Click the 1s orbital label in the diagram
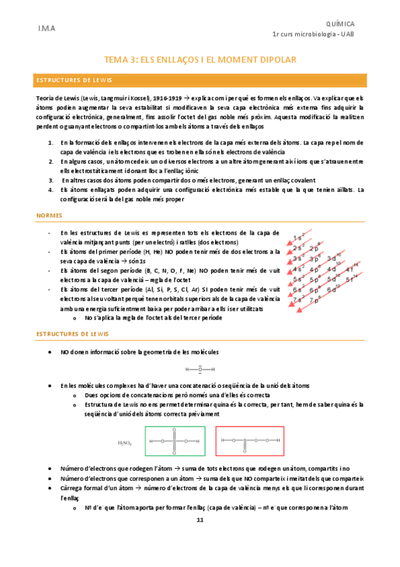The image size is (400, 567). [298, 238]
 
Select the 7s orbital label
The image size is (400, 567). [298, 300]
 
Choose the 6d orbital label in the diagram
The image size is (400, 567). [333, 290]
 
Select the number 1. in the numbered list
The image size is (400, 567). [51, 142]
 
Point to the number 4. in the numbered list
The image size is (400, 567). [51, 189]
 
